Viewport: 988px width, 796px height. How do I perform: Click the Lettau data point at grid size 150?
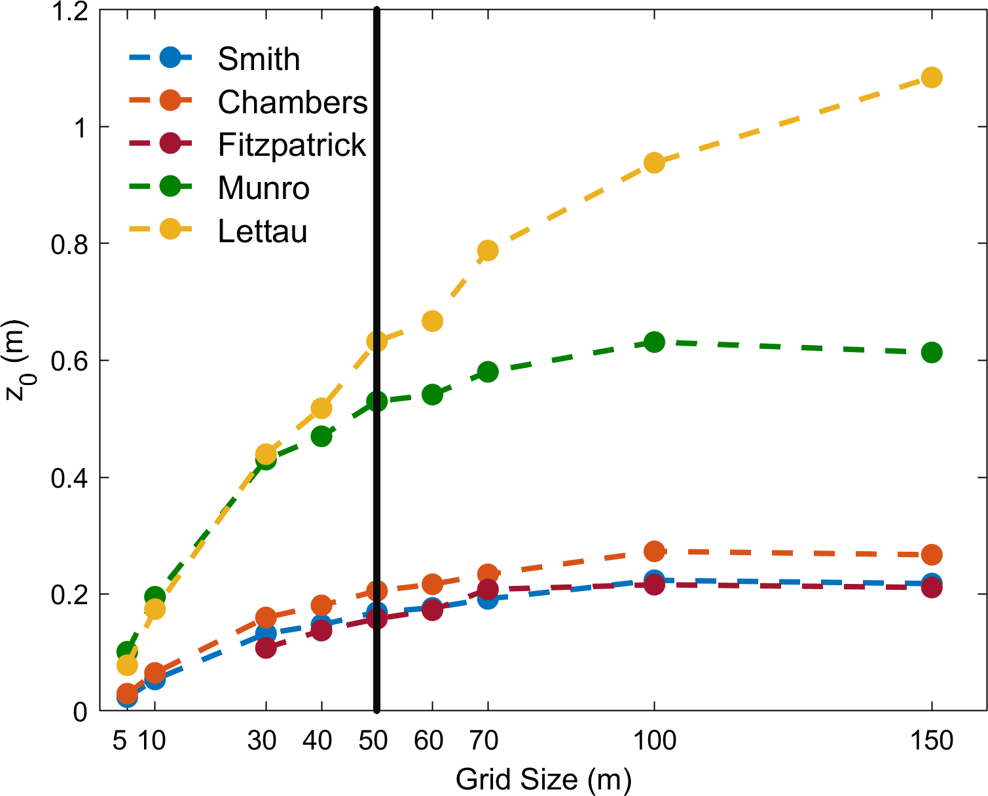coord(931,77)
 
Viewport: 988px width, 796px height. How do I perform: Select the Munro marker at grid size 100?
coord(654,342)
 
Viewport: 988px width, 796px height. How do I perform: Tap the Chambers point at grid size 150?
coord(931,555)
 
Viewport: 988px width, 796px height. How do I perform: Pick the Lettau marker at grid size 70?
coord(488,250)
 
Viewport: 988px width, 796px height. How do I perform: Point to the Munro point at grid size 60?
coord(432,395)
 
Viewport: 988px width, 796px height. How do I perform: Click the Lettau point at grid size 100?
coord(654,162)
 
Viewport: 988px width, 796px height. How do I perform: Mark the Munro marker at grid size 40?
coord(321,436)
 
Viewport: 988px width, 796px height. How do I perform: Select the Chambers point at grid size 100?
coord(654,551)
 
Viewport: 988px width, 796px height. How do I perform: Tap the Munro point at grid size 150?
coord(931,352)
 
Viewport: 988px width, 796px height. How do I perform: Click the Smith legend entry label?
coord(259,60)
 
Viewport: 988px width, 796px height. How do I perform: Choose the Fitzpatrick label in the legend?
coord(291,145)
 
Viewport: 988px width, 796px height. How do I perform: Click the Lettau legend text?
coord(262,232)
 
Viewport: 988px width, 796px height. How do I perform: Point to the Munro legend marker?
coord(170,187)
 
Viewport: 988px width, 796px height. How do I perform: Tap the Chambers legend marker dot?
coord(170,101)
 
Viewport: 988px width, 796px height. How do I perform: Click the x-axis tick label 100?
coord(654,740)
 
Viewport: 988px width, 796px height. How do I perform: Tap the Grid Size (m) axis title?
coord(543,780)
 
